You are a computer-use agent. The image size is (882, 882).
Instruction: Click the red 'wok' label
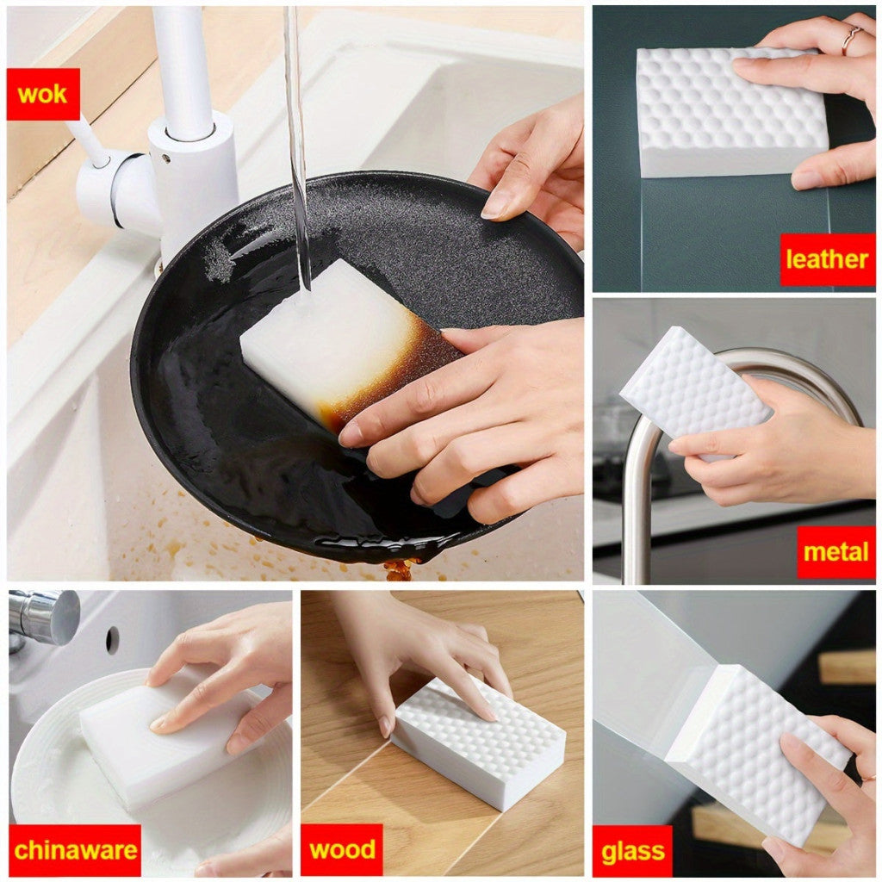43,94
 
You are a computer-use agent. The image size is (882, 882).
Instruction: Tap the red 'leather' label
827,259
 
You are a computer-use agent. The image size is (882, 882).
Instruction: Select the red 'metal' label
835,552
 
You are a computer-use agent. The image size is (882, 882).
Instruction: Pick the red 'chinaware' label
75,850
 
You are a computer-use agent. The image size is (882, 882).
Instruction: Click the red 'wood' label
342,849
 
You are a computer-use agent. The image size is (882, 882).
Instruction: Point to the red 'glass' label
633,851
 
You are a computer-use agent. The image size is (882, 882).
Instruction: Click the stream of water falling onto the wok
297,146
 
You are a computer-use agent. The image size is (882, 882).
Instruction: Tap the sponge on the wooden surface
478,742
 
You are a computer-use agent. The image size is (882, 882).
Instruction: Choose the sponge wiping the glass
756,754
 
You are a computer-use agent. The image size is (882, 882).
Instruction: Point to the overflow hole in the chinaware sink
113,640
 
